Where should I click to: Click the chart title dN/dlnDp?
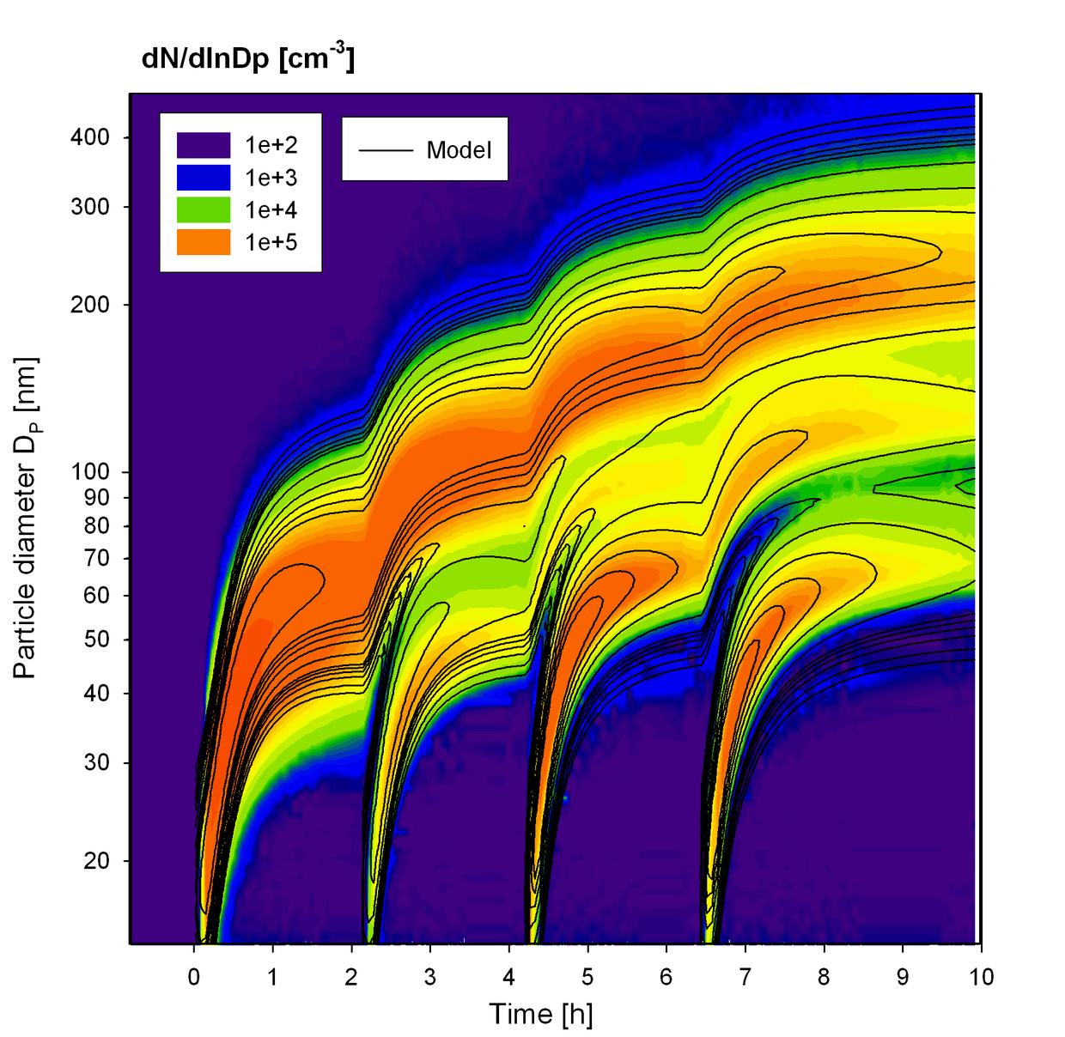click(247, 58)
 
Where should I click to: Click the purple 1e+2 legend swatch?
click(204, 145)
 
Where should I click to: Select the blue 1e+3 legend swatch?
click(204, 178)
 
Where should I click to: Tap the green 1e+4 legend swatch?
click(204, 210)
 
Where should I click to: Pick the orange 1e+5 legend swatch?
click(204, 242)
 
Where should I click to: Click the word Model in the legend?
click(459, 150)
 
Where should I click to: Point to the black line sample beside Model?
click(385, 150)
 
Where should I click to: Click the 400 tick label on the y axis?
click(90, 137)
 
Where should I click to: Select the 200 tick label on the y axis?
click(90, 305)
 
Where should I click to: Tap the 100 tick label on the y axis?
click(90, 471)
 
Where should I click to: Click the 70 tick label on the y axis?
click(96, 558)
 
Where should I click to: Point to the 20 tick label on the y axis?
click(96, 861)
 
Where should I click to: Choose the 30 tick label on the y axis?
click(96, 762)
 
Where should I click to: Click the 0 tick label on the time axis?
click(194, 977)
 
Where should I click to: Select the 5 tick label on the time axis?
click(587, 977)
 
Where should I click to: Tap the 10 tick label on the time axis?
click(982, 977)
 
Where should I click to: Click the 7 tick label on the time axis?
click(745, 977)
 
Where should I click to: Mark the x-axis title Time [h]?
click(541, 1014)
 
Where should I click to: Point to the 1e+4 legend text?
click(271, 210)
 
